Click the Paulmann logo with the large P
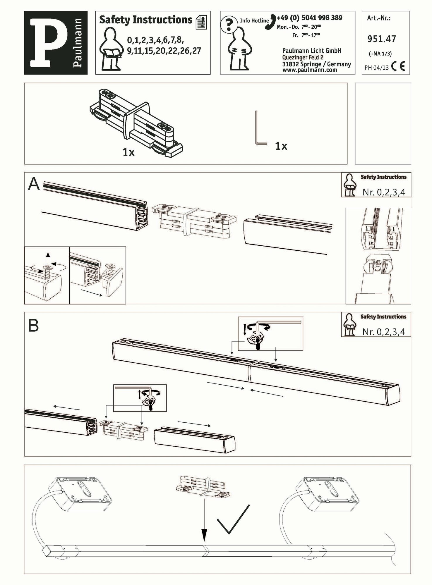[x=56, y=43]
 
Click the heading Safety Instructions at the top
[x=145, y=20]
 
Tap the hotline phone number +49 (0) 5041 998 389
[x=309, y=18]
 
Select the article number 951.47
[x=382, y=39]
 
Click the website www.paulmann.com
[x=310, y=70]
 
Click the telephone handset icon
[x=270, y=22]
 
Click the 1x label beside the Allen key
[x=281, y=146]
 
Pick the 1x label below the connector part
[x=128, y=152]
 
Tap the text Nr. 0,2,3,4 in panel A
[x=384, y=192]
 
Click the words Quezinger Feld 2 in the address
[x=303, y=58]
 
